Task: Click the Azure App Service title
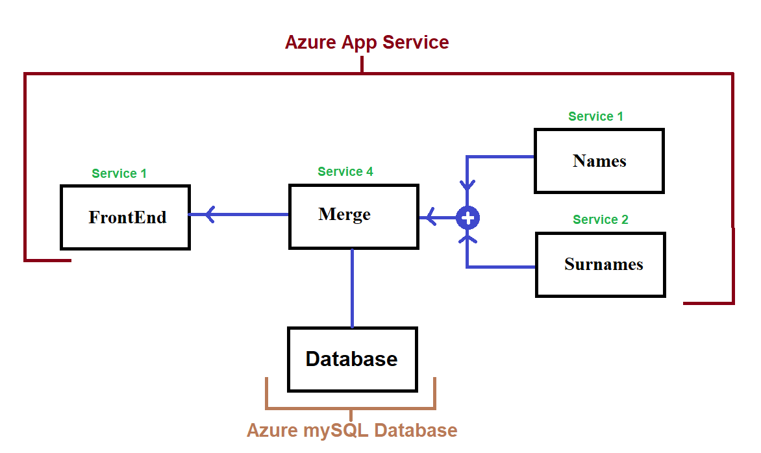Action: tap(367, 43)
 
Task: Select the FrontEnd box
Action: tap(125, 217)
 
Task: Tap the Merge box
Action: tap(353, 216)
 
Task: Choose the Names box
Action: tap(599, 161)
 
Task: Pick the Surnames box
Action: tap(601, 265)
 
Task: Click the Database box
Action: tap(352, 360)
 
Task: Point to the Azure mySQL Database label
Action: tap(352, 430)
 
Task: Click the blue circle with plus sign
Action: tap(468, 218)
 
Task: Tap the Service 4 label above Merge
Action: tap(345, 172)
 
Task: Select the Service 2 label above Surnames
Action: tap(601, 220)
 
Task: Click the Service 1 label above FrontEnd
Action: tap(119, 174)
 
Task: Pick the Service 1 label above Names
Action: tap(595, 117)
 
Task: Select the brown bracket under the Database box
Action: tap(351, 408)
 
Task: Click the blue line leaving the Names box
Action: tap(500, 156)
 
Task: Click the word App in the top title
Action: tap(356, 43)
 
